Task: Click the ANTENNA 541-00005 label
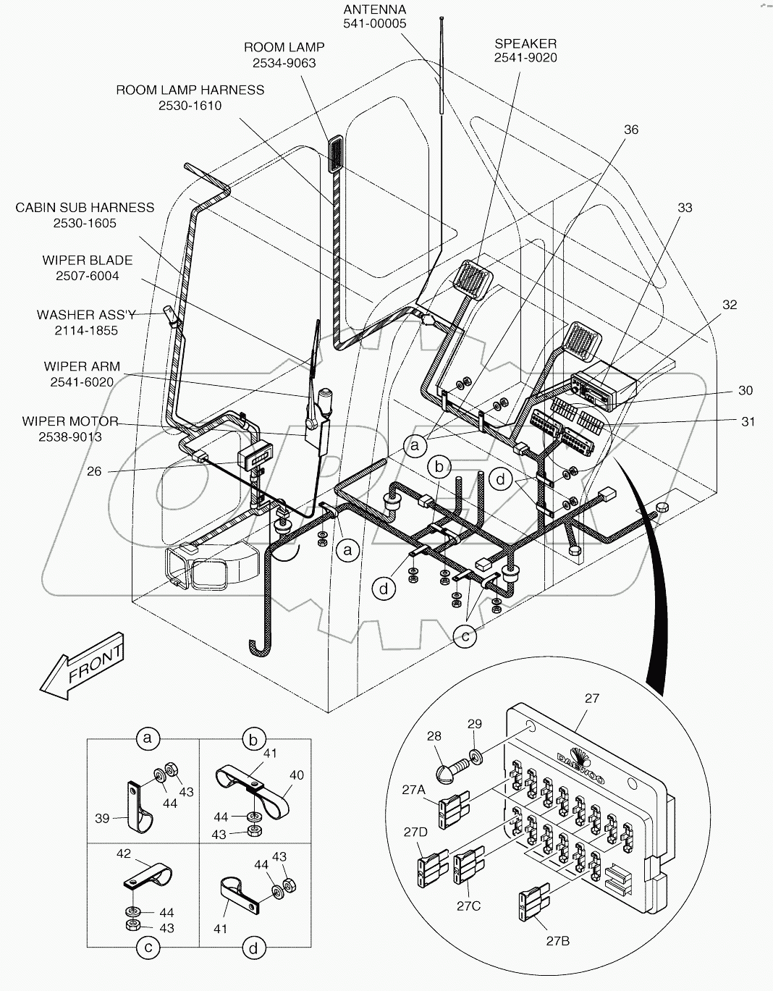coord(374,17)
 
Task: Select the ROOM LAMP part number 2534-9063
coord(284,63)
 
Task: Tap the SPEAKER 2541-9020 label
coord(525,51)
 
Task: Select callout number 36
coord(630,129)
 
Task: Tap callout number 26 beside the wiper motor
coord(94,471)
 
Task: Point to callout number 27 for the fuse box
coord(591,699)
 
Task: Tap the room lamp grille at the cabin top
coord(337,153)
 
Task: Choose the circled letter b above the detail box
coord(253,739)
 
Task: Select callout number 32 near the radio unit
coord(730,305)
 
